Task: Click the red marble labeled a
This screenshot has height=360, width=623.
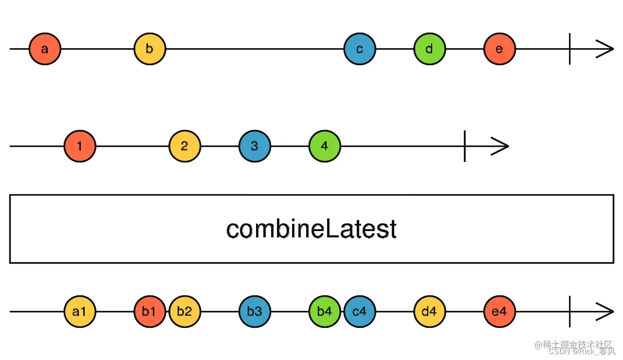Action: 45,49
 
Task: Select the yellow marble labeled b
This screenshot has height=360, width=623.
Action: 149,49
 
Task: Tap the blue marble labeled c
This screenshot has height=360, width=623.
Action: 360,49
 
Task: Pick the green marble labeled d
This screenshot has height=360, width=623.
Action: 430,49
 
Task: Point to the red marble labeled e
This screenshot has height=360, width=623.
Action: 499,49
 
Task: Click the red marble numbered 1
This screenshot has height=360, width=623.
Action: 80,146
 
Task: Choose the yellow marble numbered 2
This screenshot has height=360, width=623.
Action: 184,146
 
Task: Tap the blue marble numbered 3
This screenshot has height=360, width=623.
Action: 255,146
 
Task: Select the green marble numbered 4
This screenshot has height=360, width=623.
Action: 325,146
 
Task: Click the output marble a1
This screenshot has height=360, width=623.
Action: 80,312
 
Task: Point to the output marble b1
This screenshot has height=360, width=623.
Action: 149,312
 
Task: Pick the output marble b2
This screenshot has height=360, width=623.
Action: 184,312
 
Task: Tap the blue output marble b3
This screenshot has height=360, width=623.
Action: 255,312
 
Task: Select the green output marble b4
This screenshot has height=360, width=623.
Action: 325,312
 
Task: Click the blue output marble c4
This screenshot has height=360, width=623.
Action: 360,312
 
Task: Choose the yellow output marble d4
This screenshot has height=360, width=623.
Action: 430,312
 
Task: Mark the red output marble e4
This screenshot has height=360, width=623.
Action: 499,312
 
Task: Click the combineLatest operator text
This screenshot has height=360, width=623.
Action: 311,229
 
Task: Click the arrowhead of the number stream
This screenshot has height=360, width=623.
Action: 500,146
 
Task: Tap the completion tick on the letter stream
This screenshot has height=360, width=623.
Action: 570,49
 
